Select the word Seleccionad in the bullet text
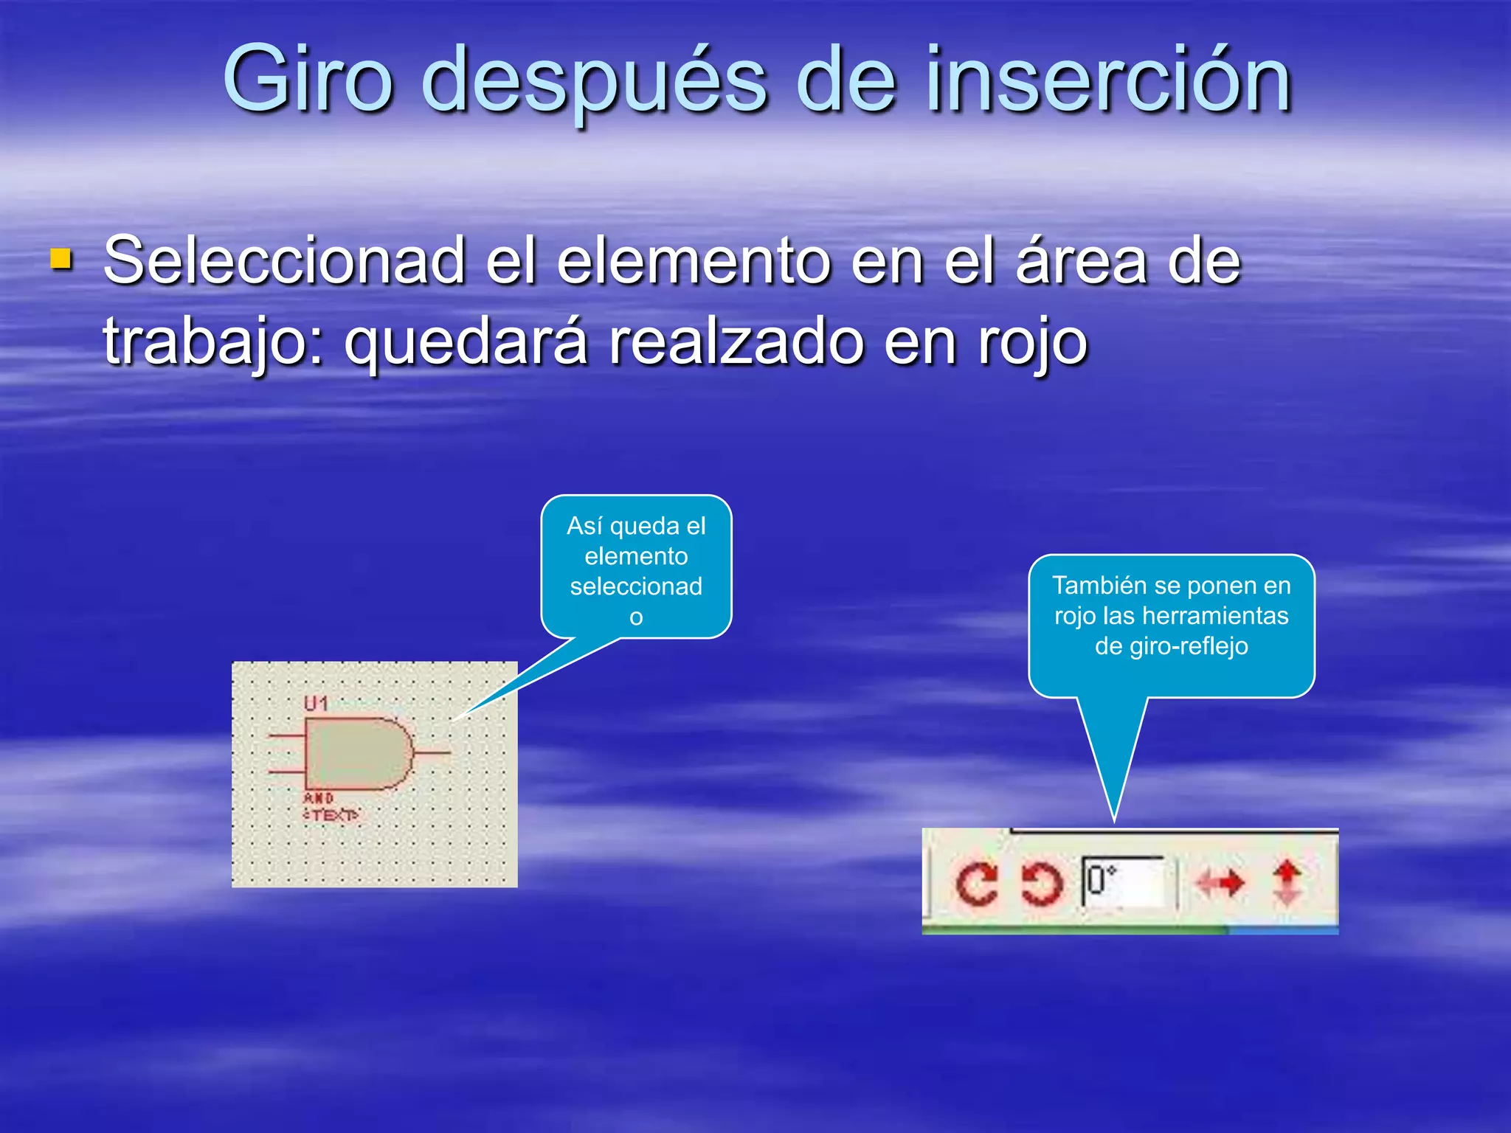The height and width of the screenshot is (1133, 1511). click(283, 260)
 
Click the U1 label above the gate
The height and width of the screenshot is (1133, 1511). click(316, 704)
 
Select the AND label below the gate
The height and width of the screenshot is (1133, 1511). click(319, 798)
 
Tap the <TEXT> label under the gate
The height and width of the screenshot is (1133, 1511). click(331, 815)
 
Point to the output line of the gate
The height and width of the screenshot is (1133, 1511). click(432, 753)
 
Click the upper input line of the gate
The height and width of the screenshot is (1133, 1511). click(286, 735)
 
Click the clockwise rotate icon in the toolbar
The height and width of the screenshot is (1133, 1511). click(975, 883)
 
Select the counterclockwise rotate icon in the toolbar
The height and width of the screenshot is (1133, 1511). click(1041, 883)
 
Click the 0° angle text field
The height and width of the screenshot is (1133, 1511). click(1122, 881)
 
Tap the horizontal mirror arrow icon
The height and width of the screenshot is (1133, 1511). click(1220, 882)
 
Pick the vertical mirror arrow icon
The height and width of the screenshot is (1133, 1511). click(1287, 882)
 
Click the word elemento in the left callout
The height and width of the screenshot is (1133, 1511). click(636, 555)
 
